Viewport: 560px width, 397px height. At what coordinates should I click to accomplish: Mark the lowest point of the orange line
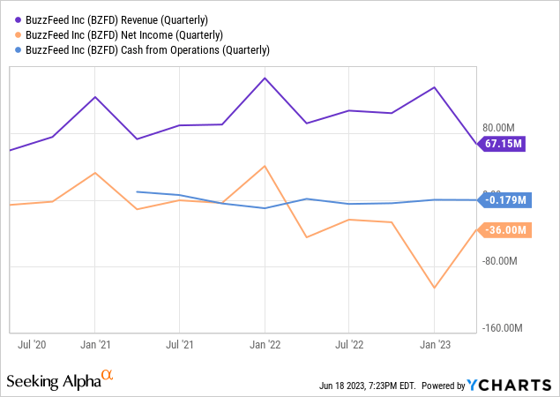tap(434, 288)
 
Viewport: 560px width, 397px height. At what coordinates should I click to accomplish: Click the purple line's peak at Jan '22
tap(265, 78)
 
